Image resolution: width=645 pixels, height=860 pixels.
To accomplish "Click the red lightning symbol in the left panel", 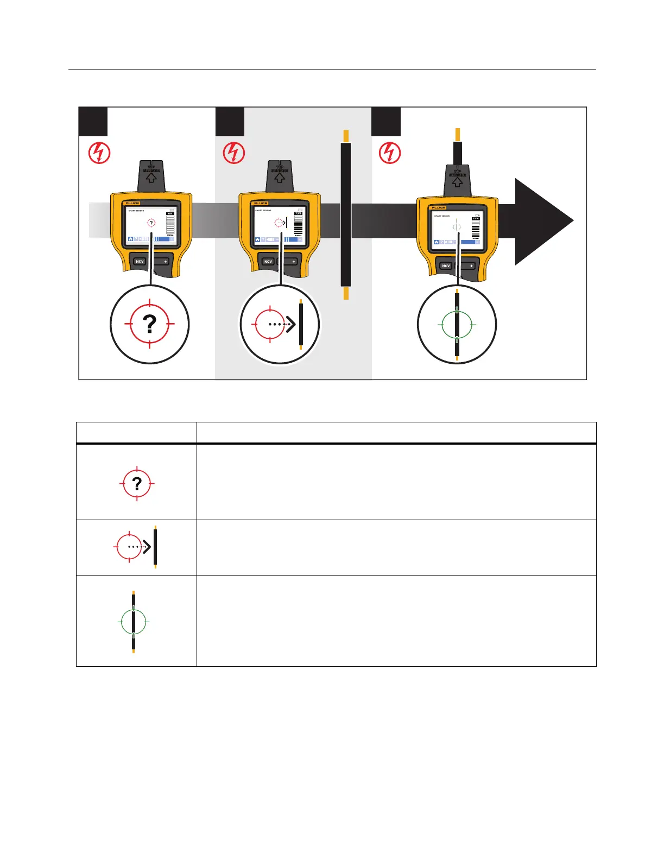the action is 99,153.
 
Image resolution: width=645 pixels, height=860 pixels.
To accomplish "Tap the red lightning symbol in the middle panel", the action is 234,153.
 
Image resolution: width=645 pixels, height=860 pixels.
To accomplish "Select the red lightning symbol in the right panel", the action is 389,153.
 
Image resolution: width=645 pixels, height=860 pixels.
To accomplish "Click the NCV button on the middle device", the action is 268,261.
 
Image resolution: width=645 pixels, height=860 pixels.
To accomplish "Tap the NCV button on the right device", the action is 446,265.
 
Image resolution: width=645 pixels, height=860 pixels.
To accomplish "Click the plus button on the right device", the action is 471,265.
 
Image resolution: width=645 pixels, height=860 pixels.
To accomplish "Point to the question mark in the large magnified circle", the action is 149,324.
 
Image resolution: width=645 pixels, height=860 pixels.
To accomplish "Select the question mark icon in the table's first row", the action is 137,483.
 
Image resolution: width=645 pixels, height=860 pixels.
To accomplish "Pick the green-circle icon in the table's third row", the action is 133,622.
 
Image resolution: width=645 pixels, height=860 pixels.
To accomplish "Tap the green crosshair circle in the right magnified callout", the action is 457,325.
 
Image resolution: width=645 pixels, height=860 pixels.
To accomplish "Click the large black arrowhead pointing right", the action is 543,221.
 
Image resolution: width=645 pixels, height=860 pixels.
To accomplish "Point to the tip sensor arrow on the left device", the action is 151,177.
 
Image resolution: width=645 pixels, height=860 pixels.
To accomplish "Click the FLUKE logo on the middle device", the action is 261,203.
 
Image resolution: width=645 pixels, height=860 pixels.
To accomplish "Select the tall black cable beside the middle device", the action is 346,214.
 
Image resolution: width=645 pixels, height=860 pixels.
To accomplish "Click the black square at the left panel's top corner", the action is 93,122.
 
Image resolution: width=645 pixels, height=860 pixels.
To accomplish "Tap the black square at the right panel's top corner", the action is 386,122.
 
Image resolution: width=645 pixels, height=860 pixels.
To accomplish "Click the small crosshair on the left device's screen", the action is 151,223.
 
